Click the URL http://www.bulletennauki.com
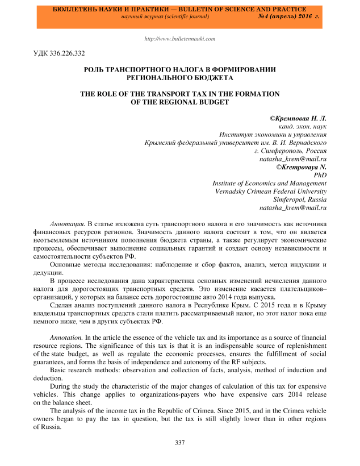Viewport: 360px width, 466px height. point(180,39)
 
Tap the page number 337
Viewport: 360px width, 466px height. point(180,443)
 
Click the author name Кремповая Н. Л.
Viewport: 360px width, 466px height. point(302,117)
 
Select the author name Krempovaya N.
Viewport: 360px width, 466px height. point(304,168)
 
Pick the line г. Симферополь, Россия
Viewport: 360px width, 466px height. point(291,151)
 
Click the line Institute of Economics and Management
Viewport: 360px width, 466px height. point(270,184)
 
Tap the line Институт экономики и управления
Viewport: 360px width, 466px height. point(273,134)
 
